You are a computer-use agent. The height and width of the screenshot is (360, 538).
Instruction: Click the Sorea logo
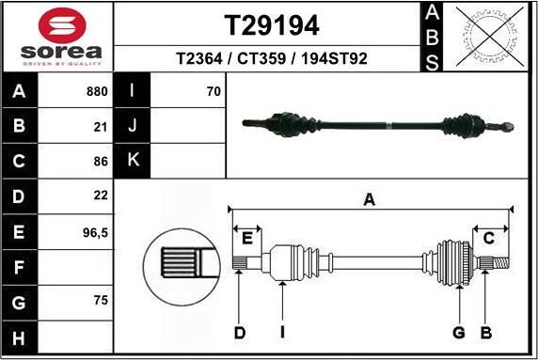[56, 36]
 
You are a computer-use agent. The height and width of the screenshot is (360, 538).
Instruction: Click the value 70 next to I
[213, 92]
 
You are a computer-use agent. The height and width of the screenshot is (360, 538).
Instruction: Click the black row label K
[133, 161]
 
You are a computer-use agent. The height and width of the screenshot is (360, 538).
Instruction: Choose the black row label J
[133, 126]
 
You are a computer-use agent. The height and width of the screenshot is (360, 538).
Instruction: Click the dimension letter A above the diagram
[370, 198]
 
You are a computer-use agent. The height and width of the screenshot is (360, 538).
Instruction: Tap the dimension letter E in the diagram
[247, 239]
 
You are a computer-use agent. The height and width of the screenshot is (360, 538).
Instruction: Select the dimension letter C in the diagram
[488, 239]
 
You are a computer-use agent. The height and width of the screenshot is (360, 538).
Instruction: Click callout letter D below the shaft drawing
[239, 332]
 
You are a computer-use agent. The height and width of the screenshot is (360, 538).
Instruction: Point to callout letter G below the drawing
[459, 332]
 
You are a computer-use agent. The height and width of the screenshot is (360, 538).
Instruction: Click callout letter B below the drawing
[485, 332]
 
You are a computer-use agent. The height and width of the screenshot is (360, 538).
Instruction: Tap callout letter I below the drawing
[282, 332]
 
